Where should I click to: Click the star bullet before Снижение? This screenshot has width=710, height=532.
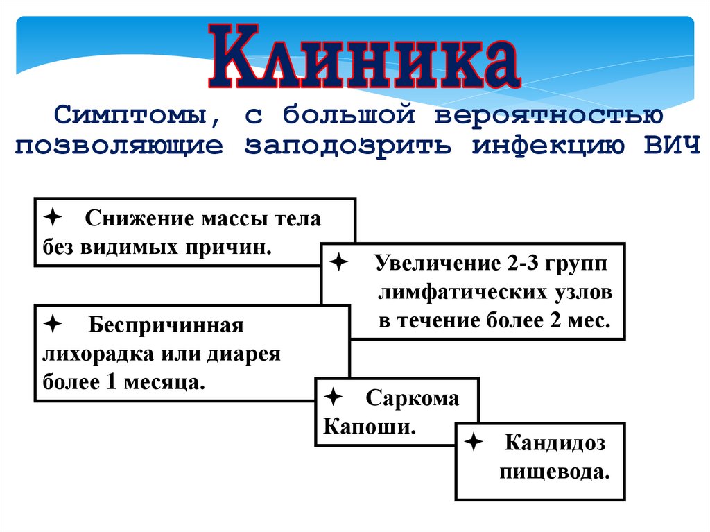pos(51,216)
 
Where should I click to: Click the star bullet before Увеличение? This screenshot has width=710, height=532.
pos(339,262)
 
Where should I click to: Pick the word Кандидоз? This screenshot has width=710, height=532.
pos(555,443)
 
